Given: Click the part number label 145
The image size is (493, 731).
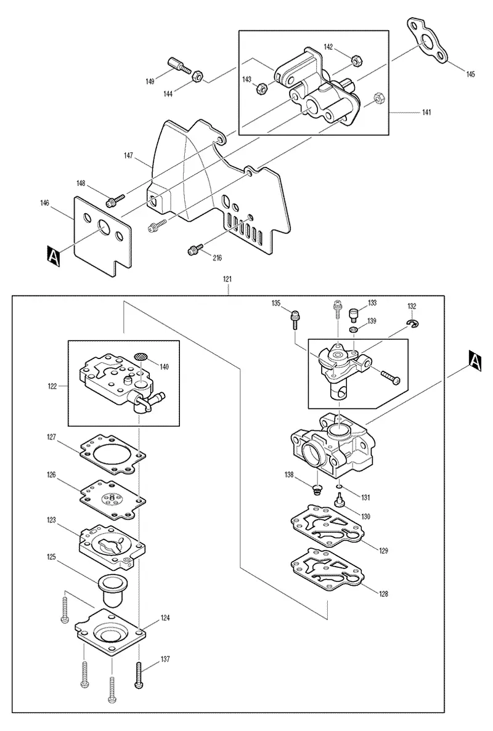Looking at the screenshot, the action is (x=470, y=74).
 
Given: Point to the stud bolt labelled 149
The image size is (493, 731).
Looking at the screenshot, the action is (x=178, y=66).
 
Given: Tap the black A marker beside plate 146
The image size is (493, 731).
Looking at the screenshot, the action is (x=54, y=257).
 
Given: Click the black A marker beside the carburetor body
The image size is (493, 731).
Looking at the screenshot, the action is (x=475, y=361).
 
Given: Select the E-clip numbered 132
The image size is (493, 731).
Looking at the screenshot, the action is (x=413, y=323).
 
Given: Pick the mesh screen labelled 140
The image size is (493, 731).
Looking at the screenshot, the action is (x=141, y=357).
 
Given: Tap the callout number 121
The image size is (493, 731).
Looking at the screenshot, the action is (x=227, y=279).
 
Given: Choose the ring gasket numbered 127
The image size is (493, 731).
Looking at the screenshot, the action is (x=112, y=454).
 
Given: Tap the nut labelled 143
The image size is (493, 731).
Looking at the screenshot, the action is (x=262, y=88).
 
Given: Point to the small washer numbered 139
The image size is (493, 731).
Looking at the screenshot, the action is (x=354, y=330).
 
